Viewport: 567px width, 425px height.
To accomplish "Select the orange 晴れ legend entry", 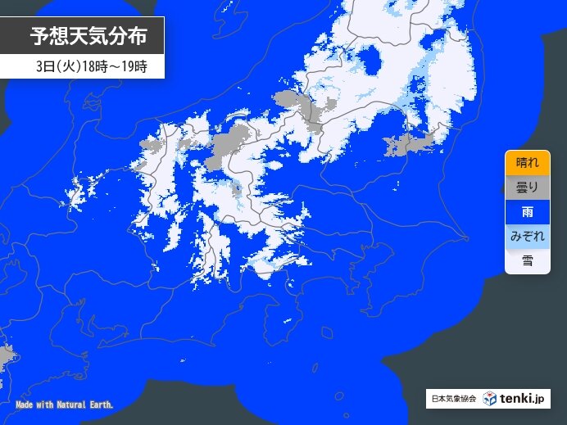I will click(527, 163).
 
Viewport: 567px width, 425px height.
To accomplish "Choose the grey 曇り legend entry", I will click(527, 188).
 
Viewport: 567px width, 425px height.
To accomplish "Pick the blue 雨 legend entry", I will click(527, 212).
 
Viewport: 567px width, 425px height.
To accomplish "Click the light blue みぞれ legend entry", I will click(527, 237).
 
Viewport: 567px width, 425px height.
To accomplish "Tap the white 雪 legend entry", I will click(527, 261).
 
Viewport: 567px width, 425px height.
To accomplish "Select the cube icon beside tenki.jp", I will click(490, 399).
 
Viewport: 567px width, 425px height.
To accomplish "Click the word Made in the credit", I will click(25, 405).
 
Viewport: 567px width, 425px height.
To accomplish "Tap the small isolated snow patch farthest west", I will click(75, 196).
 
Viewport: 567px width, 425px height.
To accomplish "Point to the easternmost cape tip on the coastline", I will click(466, 237).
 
